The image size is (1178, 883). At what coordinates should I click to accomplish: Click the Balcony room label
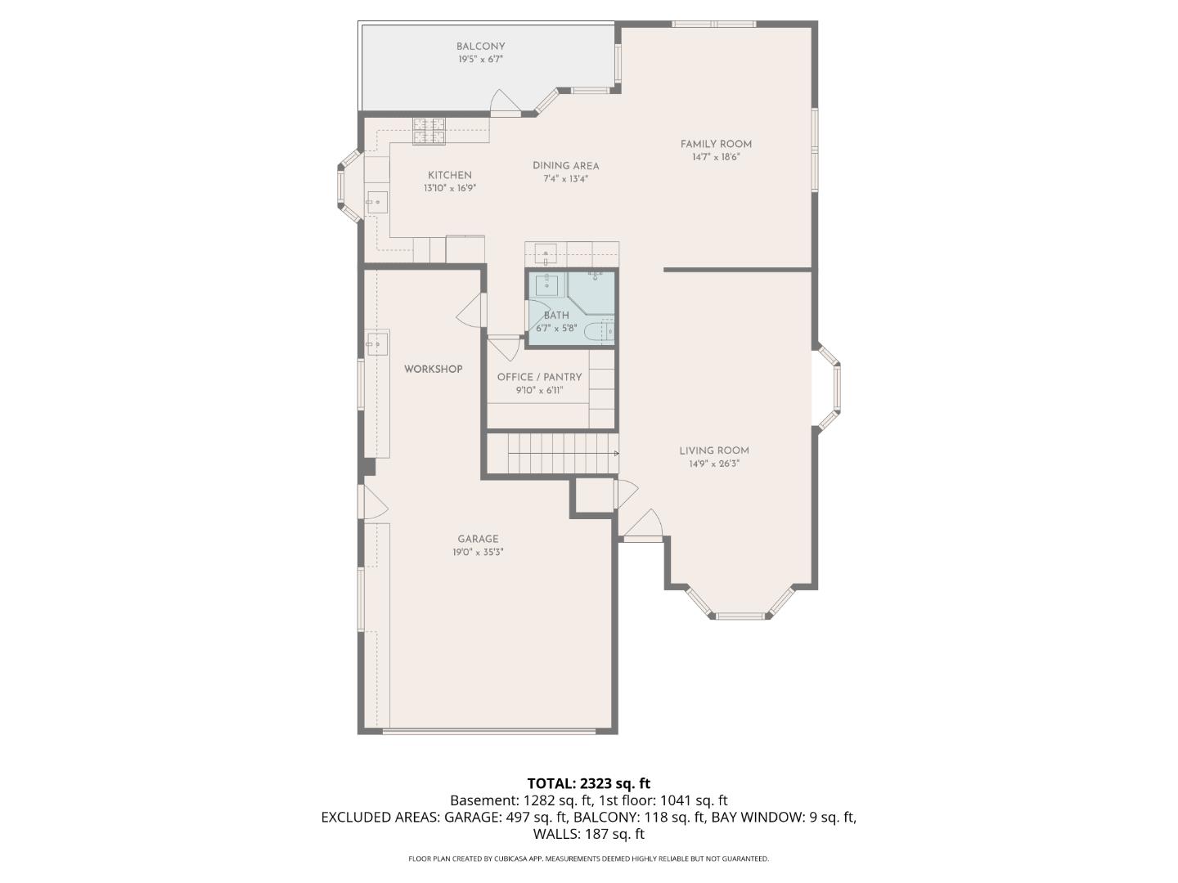(x=480, y=47)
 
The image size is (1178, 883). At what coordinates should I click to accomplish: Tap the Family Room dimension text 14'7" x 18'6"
(x=715, y=158)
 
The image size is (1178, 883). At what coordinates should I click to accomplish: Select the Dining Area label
(x=565, y=165)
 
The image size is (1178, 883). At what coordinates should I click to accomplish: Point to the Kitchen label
(x=449, y=175)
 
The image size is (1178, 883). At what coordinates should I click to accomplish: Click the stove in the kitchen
(x=429, y=131)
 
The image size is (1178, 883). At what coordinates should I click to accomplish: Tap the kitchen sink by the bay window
(x=377, y=200)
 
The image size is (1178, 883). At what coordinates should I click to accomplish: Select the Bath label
(x=556, y=316)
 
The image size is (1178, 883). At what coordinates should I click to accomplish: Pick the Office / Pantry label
(x=539, y=377)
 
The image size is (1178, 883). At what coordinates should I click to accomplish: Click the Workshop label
(x=433, y=369)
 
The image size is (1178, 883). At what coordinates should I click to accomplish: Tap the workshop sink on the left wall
(x=377, y=344)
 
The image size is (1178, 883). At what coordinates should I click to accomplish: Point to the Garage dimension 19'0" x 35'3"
(x=478, y=553)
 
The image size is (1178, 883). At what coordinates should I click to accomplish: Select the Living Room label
(x=713, y=450)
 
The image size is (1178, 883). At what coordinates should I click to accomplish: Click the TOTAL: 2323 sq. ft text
(x=588, y=784)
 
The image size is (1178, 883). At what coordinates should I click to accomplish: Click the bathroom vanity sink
(x=546, y=285)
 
